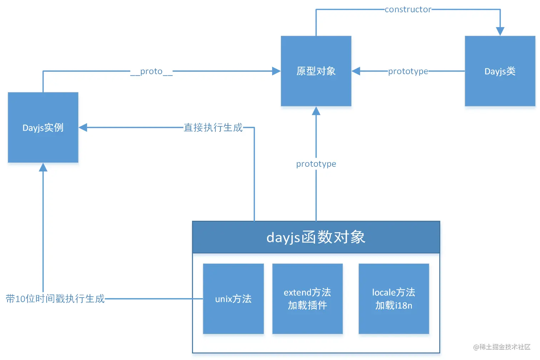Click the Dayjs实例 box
43,127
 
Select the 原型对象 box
316,71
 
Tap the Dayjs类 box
500,71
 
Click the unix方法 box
233,299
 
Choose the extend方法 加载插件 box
307,299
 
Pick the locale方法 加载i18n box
394,299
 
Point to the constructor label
408,10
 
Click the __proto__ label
151,71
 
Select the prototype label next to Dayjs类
408,71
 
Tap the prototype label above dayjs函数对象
316,164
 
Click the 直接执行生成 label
213,127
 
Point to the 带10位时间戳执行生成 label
55,299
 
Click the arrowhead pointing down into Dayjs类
500,31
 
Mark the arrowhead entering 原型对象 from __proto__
276,71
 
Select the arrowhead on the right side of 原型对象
356,71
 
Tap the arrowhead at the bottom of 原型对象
316,111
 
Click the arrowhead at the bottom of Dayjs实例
43,167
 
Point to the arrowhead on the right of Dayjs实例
83,127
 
